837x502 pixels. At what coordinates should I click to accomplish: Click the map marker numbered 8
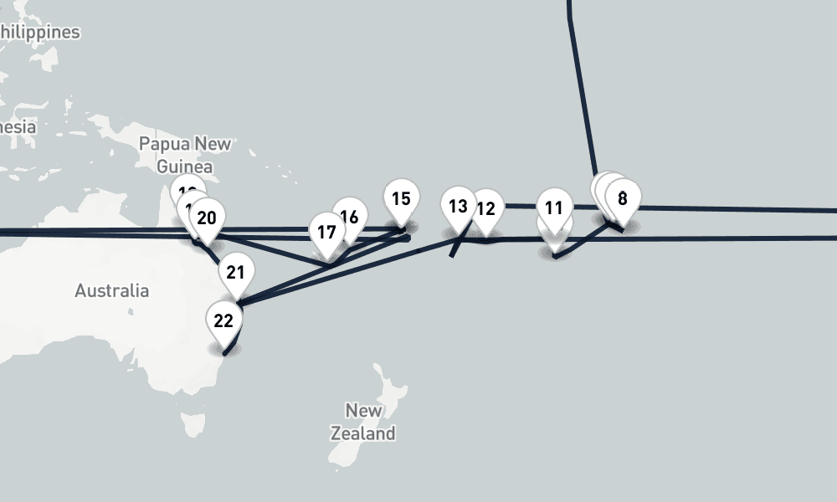tap(623, 199)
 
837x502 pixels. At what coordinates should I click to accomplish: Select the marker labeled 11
tap(553, 207)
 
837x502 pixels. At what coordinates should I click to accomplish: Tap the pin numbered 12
tap(486, 208)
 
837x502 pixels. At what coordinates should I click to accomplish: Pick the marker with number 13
tap(458, 206)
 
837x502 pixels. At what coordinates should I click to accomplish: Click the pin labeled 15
tap(401, 199)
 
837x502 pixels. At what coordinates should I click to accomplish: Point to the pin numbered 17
tap(326, 232)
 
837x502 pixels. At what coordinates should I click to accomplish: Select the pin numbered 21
tap(235, 272)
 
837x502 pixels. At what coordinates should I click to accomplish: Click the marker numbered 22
tap(223, 320)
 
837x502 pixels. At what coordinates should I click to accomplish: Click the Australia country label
tap(111, 291)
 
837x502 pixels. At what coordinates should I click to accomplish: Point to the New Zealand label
tap(363, 422)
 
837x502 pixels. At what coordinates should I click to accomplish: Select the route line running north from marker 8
tap(580, 84)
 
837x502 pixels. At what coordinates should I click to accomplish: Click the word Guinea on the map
tap(185, 166)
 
